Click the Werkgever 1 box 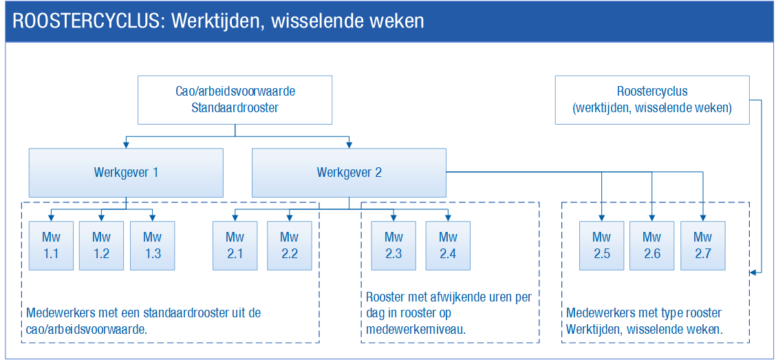point(126,173)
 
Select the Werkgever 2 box point(349,173)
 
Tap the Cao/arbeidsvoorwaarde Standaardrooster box point(235,100)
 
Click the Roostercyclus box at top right point(652,100)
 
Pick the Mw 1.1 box point(51,246)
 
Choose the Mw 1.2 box point(101,246)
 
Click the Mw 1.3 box point(153,246)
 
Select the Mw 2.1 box point(235,246)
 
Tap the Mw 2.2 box point(290,246)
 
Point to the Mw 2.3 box point(394,246)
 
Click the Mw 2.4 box point(448,246)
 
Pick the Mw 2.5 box point(602,246)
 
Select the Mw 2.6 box point(652,246)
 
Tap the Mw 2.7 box point(703,246)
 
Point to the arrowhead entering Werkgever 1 point(126,145)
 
